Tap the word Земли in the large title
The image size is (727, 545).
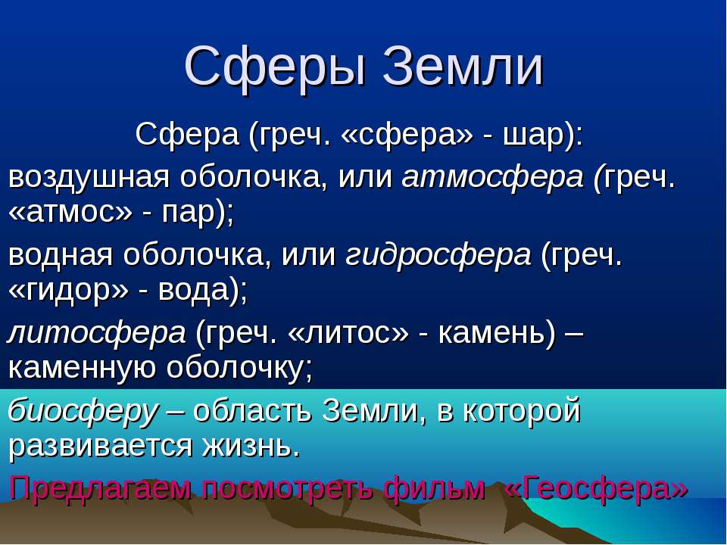[x=463, y=68]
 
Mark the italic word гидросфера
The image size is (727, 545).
[x=438, y=255]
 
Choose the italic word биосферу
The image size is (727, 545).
[x=84, y=411]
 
